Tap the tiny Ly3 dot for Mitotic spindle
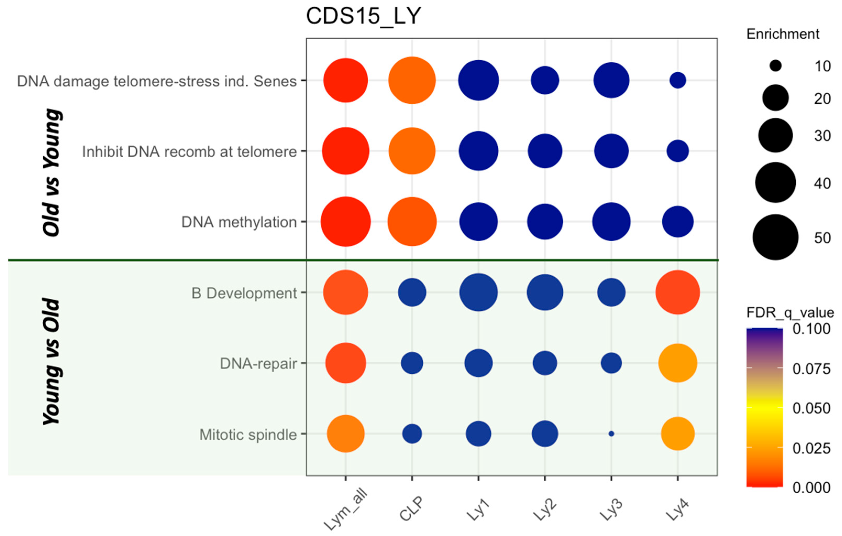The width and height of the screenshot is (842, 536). click(611, 434)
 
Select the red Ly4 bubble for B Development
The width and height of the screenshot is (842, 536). click(678, 292)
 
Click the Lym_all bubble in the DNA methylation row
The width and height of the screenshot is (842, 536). click(346, 222)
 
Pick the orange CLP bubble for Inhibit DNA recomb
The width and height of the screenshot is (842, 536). click(412, 151)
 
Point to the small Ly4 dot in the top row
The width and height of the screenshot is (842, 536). click(678, 80)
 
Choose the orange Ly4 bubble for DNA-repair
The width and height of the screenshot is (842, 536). click(678, 363)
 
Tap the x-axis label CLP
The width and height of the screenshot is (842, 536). click(412, 509)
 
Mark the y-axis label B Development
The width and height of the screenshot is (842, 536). click(244, 293)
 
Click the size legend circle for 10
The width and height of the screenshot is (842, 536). click(775, 66)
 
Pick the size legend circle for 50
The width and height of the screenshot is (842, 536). click(775, 237)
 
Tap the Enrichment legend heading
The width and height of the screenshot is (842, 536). click(783, 34)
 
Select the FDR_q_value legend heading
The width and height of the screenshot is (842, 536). click(790, 312)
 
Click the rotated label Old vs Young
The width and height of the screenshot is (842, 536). click(52, 173)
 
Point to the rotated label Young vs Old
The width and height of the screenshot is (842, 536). click(52, 362)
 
